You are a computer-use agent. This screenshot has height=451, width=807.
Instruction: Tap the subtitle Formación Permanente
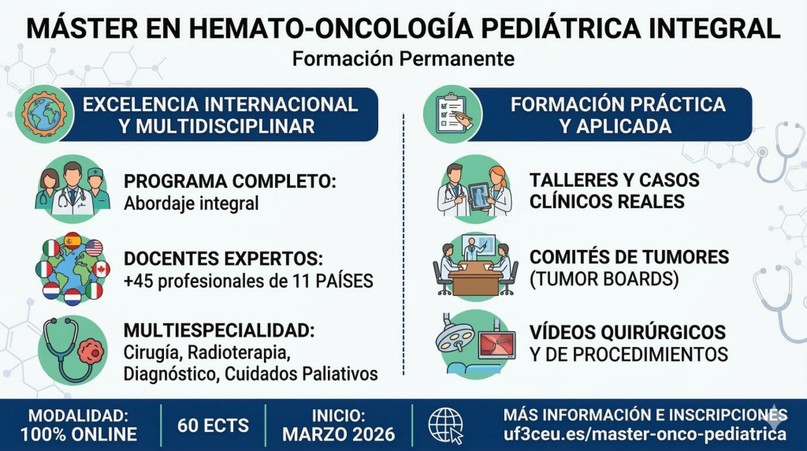click(403, 58)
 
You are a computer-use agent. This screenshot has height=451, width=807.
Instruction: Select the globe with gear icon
click(44, 114)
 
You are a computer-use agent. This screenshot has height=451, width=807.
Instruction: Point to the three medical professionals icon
click(73, 188)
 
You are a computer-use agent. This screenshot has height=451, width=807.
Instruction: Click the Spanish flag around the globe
click(73, 240)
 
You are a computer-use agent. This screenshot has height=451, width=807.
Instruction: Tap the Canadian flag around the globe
click(102, 269)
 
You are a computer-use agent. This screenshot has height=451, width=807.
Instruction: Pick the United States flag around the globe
click(95, 248)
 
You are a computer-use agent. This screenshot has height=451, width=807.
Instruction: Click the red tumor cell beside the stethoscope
click(91, 352)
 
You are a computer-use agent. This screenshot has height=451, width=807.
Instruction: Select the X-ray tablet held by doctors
click(479, 196)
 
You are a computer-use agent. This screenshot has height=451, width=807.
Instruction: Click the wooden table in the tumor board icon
click(475, 278)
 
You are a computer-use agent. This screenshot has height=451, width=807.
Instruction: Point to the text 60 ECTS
click(213, 426)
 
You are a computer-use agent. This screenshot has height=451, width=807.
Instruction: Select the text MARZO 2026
click(339, 434)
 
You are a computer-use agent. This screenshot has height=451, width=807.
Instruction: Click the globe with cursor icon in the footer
click(446, 426)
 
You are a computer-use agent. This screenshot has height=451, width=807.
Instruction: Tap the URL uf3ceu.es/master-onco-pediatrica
click(645, 434)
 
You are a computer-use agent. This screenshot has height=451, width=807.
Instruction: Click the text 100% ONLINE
click(79, 434)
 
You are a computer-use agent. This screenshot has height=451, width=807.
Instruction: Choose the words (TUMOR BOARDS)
click(604, 279)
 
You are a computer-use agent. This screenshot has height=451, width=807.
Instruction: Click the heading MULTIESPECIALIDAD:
click(219, 330)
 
